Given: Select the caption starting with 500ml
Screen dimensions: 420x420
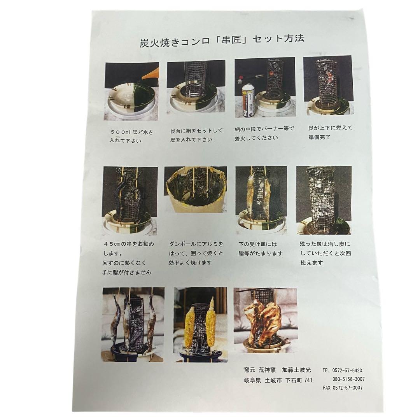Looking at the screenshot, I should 131,136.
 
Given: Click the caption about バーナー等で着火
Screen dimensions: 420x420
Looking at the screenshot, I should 264,133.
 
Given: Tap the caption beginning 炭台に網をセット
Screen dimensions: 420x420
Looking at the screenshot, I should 196,135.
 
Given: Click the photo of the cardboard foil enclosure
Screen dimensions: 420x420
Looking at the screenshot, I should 195,189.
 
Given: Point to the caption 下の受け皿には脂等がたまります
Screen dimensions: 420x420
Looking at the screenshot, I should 261,249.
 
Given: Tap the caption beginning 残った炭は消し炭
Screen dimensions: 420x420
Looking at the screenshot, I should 325,253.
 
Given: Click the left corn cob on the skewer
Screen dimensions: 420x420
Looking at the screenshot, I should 190,327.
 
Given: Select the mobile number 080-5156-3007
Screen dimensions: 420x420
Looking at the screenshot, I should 348,379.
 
